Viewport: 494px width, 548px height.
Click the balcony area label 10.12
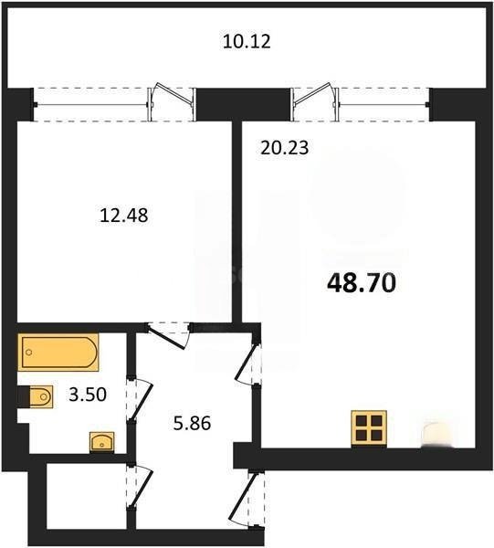[247, 41]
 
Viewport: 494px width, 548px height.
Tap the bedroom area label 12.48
[124, 215]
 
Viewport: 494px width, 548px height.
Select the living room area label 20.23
[285, 147]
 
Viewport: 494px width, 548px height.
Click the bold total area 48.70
[362, 283]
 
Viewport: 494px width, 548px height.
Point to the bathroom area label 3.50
[88, 395]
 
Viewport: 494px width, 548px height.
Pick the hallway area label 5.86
[192, 423]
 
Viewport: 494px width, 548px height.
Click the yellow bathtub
[58, 352]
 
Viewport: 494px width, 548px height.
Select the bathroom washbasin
[102, 442]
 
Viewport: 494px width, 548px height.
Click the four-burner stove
[369, 428]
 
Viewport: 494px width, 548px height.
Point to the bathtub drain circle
[29, 353]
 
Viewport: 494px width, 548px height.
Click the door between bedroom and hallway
[168, 335]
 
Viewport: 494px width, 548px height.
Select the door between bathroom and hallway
[139, 399]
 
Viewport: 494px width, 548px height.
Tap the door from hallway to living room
[247, 364]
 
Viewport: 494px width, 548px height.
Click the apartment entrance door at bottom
[247, 499]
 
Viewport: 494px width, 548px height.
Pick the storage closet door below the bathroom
[139, 486]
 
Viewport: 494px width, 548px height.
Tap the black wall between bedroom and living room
[237, 222]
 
